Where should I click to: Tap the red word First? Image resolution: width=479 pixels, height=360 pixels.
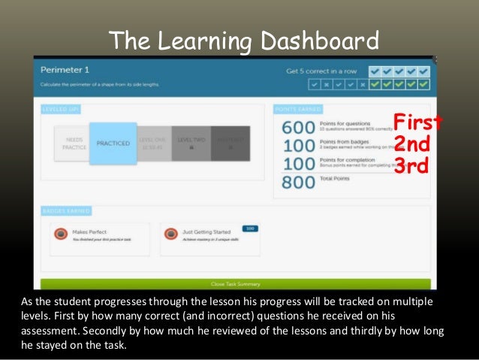[411, 122]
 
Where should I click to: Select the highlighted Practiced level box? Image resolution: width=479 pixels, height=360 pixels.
[113, 143]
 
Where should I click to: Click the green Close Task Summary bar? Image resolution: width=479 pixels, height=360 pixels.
[235, 284]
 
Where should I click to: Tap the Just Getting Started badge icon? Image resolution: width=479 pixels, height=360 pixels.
[172, 234]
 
